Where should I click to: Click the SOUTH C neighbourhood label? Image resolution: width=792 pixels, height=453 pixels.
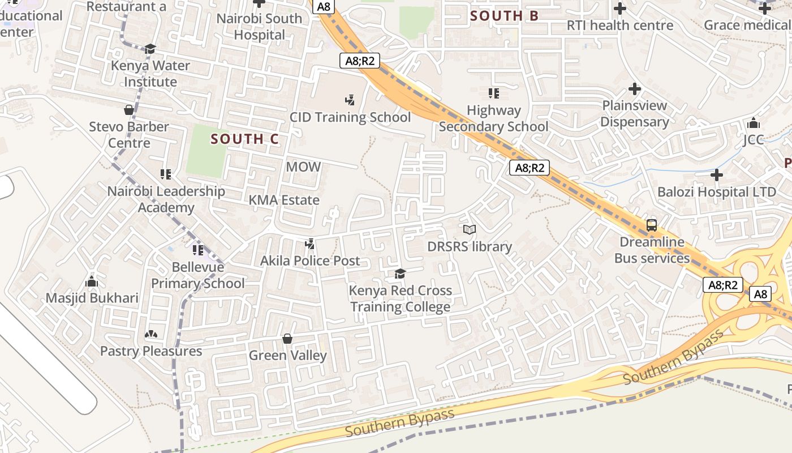[244, 139]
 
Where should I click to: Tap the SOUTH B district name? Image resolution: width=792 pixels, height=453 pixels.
[504, 16]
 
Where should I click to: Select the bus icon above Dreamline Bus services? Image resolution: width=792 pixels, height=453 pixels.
[652, 225]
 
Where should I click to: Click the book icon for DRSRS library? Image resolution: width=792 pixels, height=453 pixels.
[470, 229]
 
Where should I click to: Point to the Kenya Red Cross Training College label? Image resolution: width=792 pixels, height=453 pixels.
[401, 298]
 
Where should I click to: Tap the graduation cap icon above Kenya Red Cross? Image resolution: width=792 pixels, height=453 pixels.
[400, 274]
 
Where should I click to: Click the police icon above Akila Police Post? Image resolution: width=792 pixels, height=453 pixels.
[309, 245]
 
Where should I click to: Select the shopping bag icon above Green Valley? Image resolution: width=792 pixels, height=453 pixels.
[287, 339]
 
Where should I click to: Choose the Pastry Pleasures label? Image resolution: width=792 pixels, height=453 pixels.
[151, 351]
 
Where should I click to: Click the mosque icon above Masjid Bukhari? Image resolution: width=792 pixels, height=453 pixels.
[92, 281]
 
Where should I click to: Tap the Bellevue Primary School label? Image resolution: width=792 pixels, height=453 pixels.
[197, 275]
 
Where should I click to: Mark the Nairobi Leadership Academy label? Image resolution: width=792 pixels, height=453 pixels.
[166, 199]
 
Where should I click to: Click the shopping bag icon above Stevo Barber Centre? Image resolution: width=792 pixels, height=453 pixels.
[129, 110]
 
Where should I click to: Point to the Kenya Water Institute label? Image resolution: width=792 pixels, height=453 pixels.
[150, 74]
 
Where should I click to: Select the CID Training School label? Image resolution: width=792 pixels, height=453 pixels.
[350, 117]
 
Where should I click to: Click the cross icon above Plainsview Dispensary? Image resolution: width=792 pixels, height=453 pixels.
[635, 89]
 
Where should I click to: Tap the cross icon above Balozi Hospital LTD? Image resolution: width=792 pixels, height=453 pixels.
[717, 175]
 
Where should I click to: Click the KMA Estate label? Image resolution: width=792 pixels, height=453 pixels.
[284, 200]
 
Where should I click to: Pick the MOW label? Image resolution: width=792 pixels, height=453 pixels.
[303, 167]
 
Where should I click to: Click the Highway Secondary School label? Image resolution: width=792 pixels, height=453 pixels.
[493, 118]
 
